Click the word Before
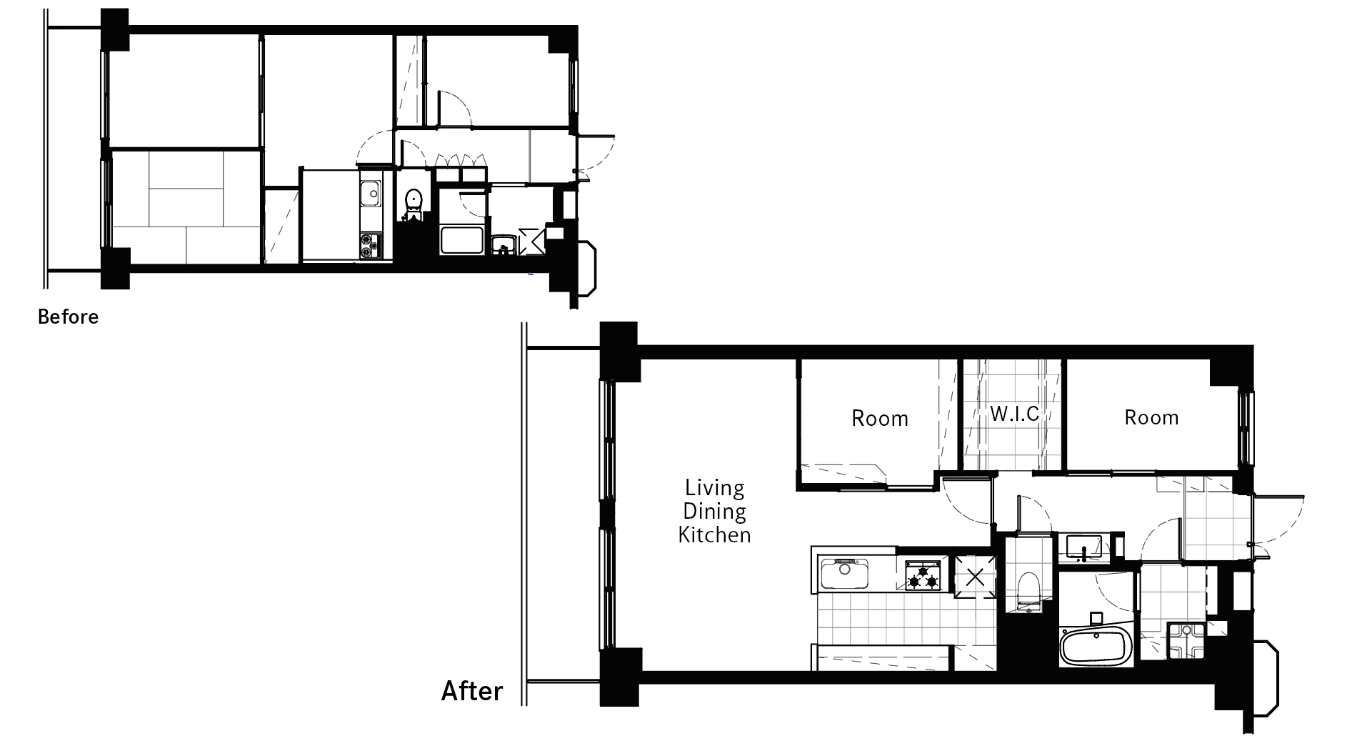pos(68,317)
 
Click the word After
pos(472,691)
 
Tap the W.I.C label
pos(1014,414)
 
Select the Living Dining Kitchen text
pos(714,511)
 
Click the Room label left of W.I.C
pos(880,418)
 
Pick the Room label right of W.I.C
pos(1151,417)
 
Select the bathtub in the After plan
pos(1095,647)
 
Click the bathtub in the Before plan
pos(463,240)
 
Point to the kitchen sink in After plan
pos(846,574)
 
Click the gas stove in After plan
pos(923,575)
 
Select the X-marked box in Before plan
pos(533,241)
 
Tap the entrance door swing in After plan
pos(1278,520)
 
